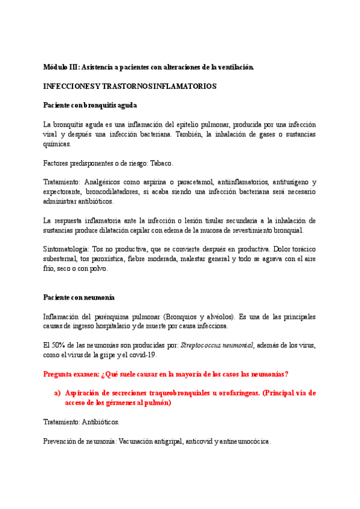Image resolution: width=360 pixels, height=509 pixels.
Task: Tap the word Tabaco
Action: (x=162, y=163)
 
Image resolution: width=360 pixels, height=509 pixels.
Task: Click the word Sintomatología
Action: (x=65, y=249)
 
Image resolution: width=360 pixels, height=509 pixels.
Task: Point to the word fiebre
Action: (x=155, y=259)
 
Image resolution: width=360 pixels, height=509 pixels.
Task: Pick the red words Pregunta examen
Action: (x=72, y=374)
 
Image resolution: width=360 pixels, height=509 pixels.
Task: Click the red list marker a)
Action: (x=58, y=393)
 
